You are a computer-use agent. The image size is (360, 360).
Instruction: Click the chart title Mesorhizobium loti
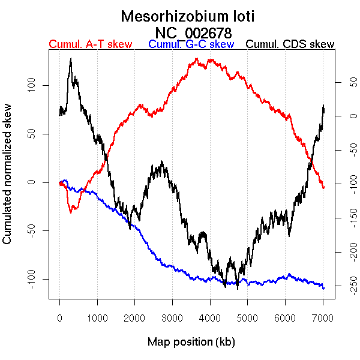[188, 16]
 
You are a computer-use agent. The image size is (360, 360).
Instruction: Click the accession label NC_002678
[193, 32]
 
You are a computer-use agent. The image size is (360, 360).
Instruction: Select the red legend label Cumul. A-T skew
[91, 44]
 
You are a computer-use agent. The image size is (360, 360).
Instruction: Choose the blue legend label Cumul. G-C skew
[191, 44]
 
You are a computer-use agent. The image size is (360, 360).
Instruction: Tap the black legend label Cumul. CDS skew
[290, 44]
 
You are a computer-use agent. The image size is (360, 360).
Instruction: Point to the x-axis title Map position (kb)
[191, 343]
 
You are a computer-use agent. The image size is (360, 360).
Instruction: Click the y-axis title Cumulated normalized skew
[8, 182]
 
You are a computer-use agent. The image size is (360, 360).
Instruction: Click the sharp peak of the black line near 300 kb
[71, 59]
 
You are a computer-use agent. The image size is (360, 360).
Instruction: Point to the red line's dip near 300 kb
[71, 212]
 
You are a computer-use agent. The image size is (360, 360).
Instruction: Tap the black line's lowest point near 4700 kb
[238, 289]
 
